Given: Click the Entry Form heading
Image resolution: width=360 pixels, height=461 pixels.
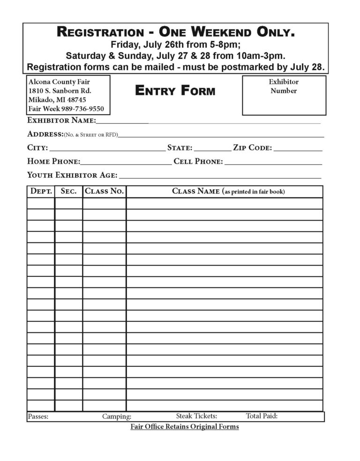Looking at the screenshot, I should [175, 91].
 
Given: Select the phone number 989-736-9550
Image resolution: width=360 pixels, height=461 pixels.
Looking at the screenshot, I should [83, 109].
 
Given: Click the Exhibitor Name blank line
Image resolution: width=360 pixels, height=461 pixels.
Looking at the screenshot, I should [208, 122].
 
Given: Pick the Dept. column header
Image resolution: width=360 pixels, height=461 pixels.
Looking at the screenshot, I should [41, 191].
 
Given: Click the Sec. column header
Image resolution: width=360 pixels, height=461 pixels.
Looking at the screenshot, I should [68, 191].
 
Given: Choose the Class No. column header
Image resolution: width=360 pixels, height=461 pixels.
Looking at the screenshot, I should [104, 191].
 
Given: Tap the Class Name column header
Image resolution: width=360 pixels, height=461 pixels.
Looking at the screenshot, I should [228, 191].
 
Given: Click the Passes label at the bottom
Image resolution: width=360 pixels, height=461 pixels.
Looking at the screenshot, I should [38, 416].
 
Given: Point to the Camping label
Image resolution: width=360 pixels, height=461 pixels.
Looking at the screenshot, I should [117, 416].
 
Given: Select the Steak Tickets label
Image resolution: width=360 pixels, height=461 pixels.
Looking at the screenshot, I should [196, 416].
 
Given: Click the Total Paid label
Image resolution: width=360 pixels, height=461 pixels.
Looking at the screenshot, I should [262, 416].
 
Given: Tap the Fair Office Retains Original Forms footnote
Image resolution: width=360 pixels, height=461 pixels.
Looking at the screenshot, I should [185, 427].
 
